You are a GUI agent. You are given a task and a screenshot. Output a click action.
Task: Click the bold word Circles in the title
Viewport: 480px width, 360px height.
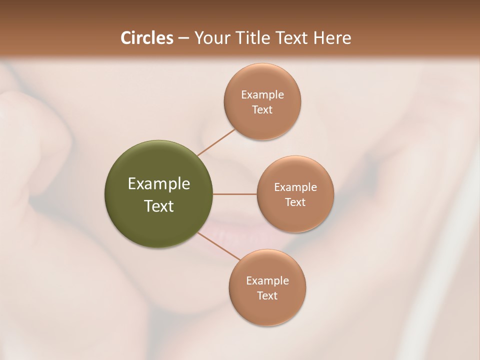click(146, 38)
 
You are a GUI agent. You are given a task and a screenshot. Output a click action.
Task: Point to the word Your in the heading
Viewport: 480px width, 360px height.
click(209, 38)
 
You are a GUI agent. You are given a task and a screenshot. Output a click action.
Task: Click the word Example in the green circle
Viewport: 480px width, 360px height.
click(159, 184)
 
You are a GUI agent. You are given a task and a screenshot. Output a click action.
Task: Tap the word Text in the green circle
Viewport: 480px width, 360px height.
click(159, 206)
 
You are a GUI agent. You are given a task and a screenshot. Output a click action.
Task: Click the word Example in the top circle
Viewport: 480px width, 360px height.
click(262, 95)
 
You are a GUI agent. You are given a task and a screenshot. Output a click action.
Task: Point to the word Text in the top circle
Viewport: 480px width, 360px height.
click(262, 110)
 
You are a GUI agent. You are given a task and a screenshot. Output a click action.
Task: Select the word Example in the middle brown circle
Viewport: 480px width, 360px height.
click(295, 187)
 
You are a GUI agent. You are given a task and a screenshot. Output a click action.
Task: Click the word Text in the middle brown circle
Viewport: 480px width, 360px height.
click(295, 202)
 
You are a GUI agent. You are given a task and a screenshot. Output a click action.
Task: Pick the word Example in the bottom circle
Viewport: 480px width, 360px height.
click(267, 281)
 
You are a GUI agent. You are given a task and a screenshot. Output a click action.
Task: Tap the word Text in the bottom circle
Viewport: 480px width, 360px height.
click(267, 296)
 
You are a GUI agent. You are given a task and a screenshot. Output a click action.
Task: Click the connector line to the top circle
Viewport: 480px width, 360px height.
click(216, 142)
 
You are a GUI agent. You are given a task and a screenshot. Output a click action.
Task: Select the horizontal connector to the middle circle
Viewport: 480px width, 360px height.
click(235, 194)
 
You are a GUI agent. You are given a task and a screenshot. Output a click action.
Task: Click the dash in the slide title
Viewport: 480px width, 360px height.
click(183, 38)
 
